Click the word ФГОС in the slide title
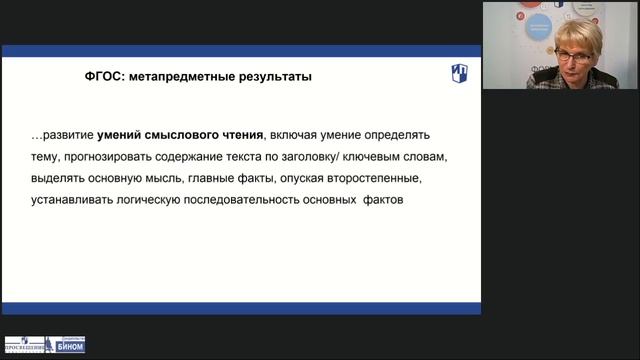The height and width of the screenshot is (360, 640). [x=102, y=76]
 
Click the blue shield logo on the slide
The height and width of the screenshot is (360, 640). [x=457, y=73]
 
